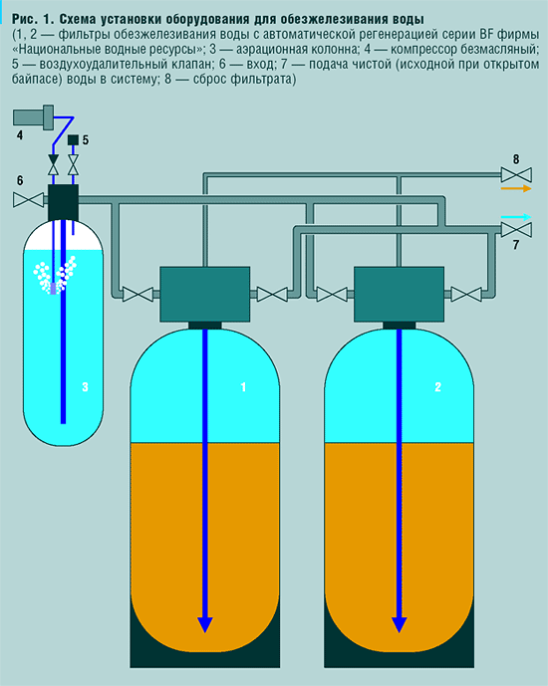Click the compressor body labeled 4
pyautogui.click(x=33, y=117)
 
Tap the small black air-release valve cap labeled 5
pyautogui.click(x=73, y=140)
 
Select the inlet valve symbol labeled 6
pyautogui.click(x=29, y=200)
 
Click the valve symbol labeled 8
pyautogui.click(x=516, y=175)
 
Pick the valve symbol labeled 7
pyautogui.click(x=516, y=230)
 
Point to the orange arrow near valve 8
pyautogui.click(x=516, y=188)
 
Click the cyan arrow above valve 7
pyautogui.click(x=516, y=217)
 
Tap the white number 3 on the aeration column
pyautogui.click(x=86, y=386)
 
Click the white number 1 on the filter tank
pyautogui.click(x=243, y=386)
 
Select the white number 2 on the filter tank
pyautogui.click(x=437, y=386)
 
